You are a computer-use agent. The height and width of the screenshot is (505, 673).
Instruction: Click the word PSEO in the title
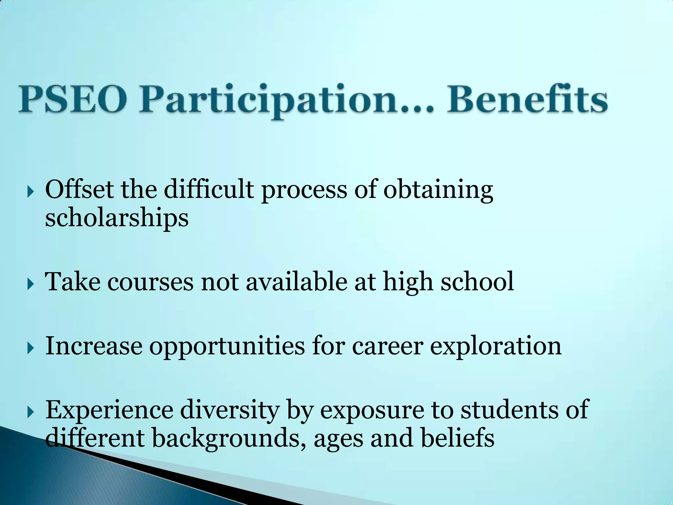73,100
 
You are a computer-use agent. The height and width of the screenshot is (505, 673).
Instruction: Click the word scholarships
117,218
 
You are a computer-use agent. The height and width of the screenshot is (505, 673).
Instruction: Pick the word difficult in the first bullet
208,190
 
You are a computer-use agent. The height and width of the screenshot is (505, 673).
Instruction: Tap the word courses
150,282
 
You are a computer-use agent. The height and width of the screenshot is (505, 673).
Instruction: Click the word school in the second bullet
477,281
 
